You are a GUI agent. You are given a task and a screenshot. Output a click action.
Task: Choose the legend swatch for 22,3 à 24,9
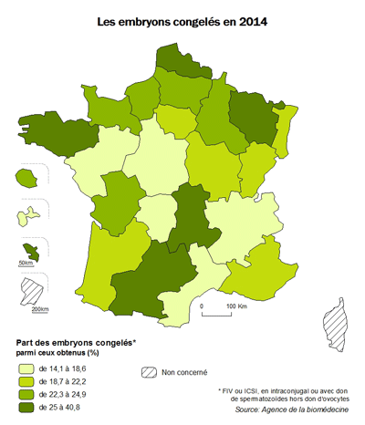point(27,393)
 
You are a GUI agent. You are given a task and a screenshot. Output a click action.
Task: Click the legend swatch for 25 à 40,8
point(27,406)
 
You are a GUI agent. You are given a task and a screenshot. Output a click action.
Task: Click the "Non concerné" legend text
point(185,372)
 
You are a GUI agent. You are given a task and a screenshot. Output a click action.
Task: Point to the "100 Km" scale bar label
point(237,306)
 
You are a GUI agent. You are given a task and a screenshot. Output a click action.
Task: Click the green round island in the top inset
point(26,174)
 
